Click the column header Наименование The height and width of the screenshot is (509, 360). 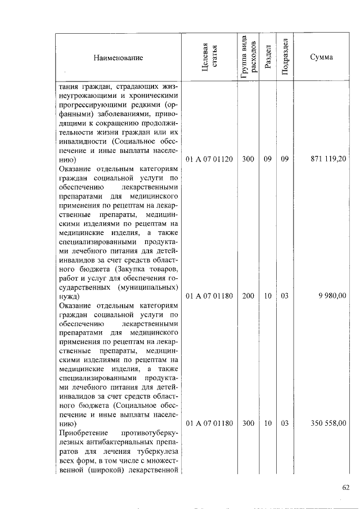(119, 58)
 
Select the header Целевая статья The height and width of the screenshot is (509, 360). (209, 57)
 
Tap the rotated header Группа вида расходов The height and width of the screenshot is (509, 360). (248, 57)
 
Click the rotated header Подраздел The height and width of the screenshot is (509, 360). (285, 57)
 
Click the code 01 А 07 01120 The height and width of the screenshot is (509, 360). (209, 159)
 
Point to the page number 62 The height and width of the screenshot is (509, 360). (345, 487)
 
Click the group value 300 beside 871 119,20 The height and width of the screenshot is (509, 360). (248, 159)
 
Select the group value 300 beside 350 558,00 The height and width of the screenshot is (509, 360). (248, 423)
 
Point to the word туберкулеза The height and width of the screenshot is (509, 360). (157, 451)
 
